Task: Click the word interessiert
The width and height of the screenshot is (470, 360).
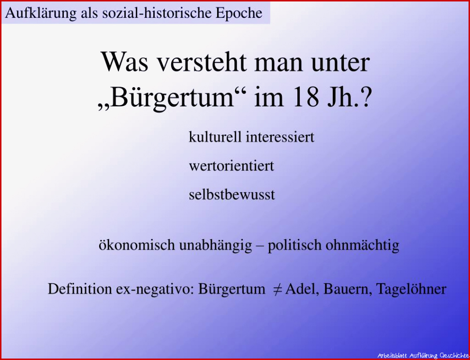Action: coord(280,137)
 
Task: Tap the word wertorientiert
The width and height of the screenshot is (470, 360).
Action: coord(232,166)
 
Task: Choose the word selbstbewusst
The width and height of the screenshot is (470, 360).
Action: coord(232,195)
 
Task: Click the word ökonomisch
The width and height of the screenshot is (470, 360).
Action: coord(137,245)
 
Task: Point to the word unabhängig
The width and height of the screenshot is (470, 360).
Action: coord(216,245)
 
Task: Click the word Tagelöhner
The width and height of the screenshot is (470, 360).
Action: coord(411,289)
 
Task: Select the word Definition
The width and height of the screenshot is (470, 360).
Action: coord(80,288)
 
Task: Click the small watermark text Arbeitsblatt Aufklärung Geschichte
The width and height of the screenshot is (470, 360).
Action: coord(422,355)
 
